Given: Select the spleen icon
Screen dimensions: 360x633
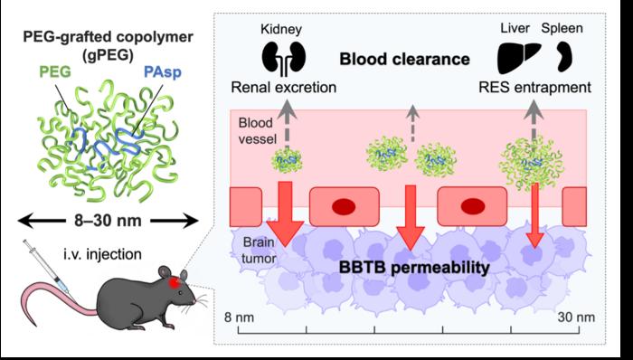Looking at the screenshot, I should tap(564, 57).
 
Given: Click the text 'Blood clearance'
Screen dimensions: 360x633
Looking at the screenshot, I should tap(405, 60).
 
